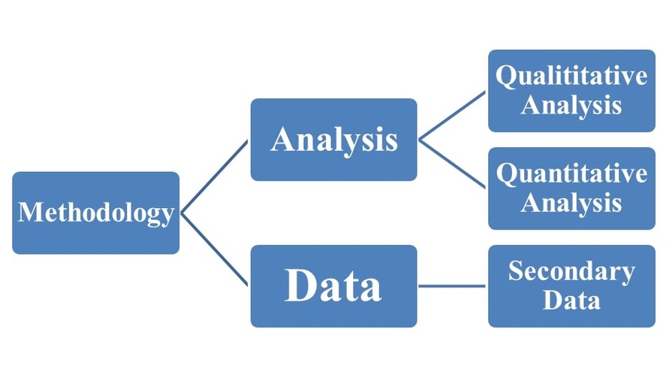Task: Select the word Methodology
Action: pos(95,213)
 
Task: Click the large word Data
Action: pos(333,287)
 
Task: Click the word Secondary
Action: pos(571,271)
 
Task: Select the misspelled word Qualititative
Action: pos(571,76)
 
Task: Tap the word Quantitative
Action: pos(571,174)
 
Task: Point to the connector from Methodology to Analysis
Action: pos(214,176)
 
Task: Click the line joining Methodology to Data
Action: pos(214,249)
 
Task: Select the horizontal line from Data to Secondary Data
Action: pos(452,285)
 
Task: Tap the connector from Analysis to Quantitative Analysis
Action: pos(452,163)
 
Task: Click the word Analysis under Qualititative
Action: pos(571,105)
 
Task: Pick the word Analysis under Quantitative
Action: pos(571,203)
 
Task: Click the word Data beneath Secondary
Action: pos(571,300)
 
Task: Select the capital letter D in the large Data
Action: pos(300,287)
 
